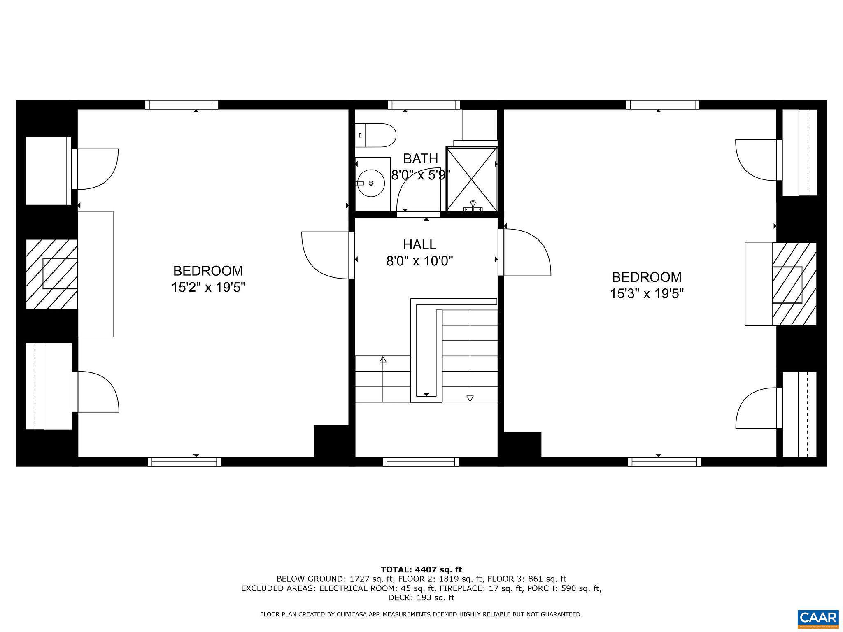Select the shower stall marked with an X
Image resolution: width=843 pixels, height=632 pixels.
pos(472,179)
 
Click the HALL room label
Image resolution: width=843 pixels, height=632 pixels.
pos(419,244)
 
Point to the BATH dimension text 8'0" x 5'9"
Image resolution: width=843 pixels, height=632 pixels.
pos(420,175)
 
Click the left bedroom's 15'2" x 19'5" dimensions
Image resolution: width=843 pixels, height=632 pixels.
pos(208,287)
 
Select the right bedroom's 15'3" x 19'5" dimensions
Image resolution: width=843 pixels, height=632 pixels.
pos(647,293)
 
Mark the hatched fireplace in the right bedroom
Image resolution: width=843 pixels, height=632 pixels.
pos(794,284)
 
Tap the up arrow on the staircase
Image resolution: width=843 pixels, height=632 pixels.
pos(383,360)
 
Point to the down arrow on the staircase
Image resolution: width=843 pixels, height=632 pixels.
pos(470,398)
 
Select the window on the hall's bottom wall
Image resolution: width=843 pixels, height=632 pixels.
pos(420,462)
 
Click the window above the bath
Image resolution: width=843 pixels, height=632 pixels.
pos(424,105)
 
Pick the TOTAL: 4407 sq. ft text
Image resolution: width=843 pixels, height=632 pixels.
pos(421,569)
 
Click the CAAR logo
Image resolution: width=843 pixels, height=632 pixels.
pos(818,618)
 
